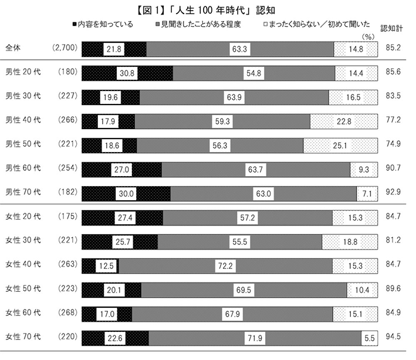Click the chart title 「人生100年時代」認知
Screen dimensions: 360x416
point(208,9)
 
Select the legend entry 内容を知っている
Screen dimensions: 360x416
point(102,24)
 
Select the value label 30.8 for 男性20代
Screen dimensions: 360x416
point(127,73)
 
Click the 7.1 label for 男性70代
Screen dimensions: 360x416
point(367,193)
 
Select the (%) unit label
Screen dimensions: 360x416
point(368,36)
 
